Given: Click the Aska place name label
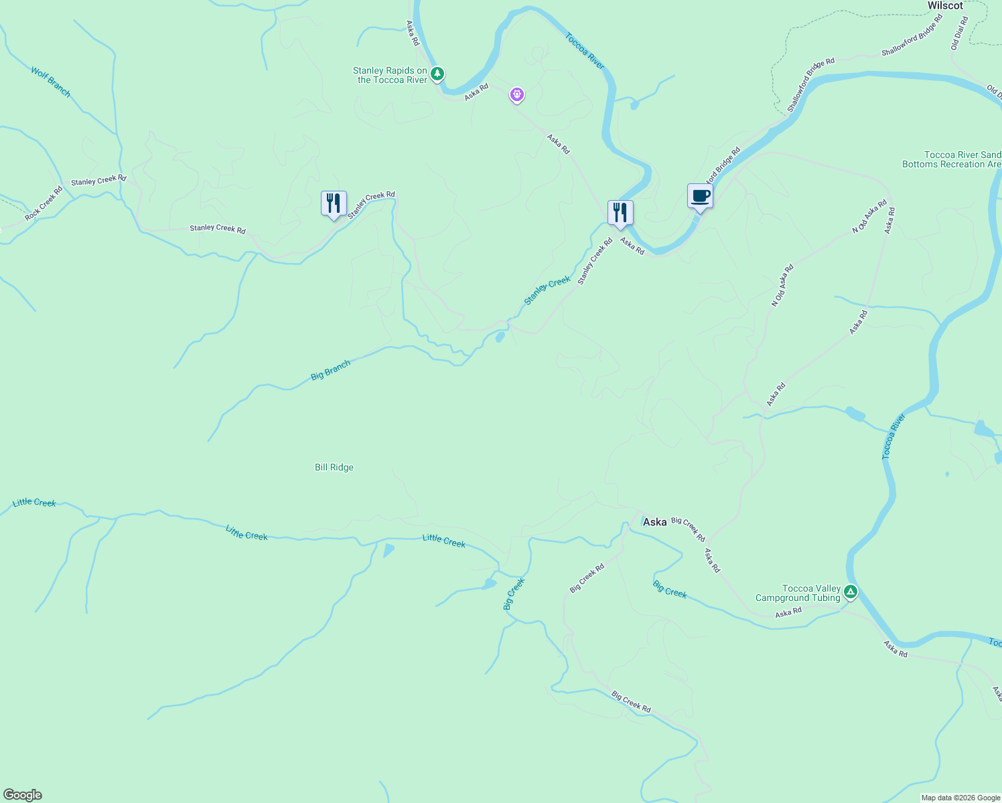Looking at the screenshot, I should click(x=654, y=522).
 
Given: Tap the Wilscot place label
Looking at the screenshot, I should click(x=944, y=6).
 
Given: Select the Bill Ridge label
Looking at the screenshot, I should click(x=334, y=468).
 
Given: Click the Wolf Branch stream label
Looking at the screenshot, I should click(x=50, y=81).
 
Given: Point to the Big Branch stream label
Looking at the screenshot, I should click(x=330, y=370).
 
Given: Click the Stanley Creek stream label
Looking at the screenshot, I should click(x=547, y=291).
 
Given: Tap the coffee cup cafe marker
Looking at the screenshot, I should click(x=700, y=197).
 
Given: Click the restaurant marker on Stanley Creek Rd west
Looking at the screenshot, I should click(x=334, y=203).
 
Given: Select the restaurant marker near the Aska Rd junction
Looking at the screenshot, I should click(x=620, y=213).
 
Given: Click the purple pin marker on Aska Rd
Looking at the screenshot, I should click(x=516, y=94).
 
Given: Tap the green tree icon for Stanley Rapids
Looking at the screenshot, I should click(x=437, y=74).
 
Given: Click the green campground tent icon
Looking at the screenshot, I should click(x=850, y=592).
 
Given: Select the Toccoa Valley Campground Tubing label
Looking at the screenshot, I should click(x=797, y=594).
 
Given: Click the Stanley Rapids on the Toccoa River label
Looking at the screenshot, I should click(x=391, y=75).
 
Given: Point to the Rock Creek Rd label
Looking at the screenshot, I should click(x=44, y=203).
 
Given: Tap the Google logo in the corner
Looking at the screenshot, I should click(x=23, y=795).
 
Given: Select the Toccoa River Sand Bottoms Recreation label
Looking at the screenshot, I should click(x=952, y=159).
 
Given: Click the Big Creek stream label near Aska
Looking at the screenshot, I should click(x=670, y=589).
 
